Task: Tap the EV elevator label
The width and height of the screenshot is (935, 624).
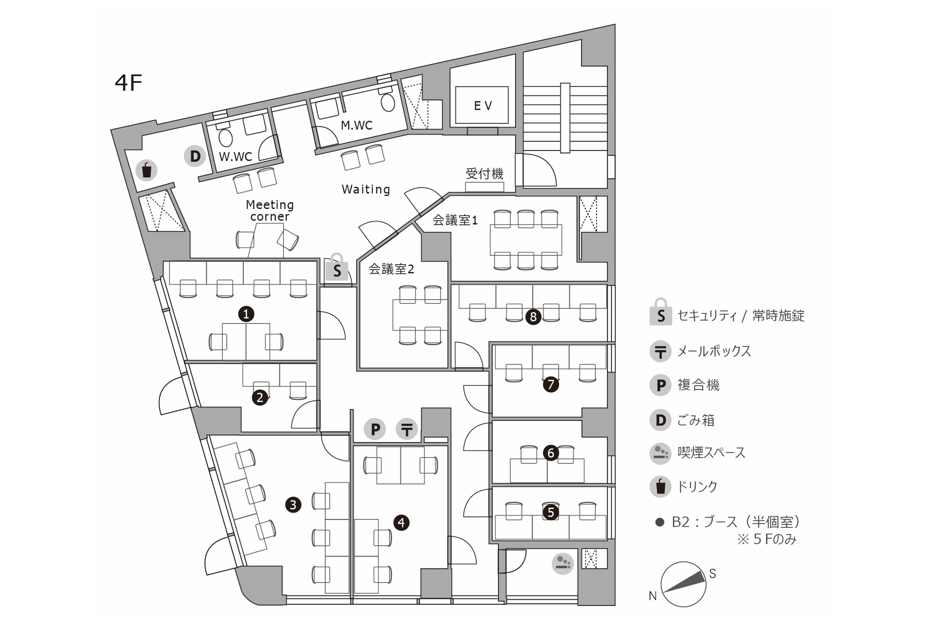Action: [x=483, y=106]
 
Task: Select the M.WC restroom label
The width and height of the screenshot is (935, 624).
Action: [x=357, y=125]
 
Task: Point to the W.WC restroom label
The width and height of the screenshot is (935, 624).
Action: [x=235, y=156]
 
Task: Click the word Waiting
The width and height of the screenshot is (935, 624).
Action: [x=366, y=189]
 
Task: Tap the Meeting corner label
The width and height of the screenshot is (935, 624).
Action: [x=270, y=210]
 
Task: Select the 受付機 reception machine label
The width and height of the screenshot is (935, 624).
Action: [x=485, y=174]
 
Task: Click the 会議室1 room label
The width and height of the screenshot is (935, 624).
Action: [x=455, y=220]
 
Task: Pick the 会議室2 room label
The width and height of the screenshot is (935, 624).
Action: [x=391, y=269]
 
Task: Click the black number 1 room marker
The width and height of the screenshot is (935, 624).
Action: [x=246, y=314]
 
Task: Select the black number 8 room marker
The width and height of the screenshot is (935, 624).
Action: [x=533, y=317]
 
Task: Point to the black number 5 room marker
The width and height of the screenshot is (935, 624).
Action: [x=551, y=512]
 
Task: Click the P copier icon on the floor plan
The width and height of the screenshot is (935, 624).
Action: [x=375, y=429]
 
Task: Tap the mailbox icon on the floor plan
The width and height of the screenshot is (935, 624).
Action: [x=407, y=429]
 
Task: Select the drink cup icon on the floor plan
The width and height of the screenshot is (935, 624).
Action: [x=147, y=170]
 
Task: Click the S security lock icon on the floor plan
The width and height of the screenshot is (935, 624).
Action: [x=337, y=268]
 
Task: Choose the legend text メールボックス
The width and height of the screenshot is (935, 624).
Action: [x=714, y=351]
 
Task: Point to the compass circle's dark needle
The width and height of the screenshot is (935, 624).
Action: [x=683, y=581]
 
